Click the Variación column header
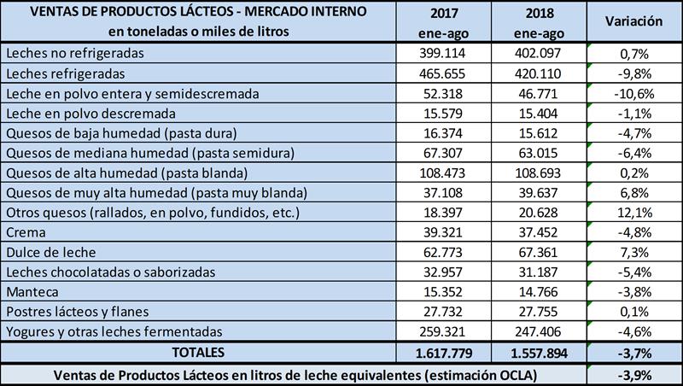[634, 21]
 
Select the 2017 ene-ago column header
[444, 21]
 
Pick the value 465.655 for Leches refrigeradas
[444, 73]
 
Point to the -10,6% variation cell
[634, 92]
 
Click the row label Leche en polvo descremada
[90, 112]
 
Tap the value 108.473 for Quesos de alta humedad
[444, 171]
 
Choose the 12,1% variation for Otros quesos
[634, 211]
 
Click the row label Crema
[24, 231]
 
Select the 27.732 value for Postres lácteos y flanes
[444, 310]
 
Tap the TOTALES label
[196, 351]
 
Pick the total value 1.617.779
[444, 351]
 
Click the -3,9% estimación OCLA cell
[634, 373]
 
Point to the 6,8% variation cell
[634, 191]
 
